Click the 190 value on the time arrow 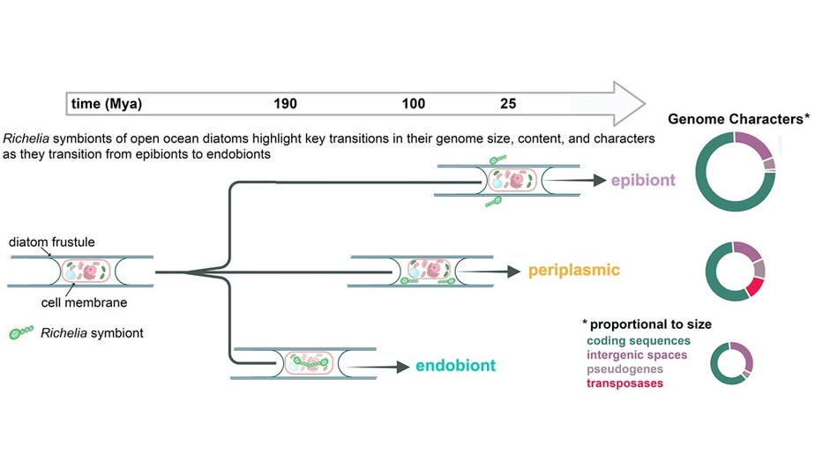285,104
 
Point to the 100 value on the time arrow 413,104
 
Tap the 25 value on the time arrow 508,104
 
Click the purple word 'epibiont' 643,181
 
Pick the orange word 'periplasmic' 574,270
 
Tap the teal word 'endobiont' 457,365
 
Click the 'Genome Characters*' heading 738,119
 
